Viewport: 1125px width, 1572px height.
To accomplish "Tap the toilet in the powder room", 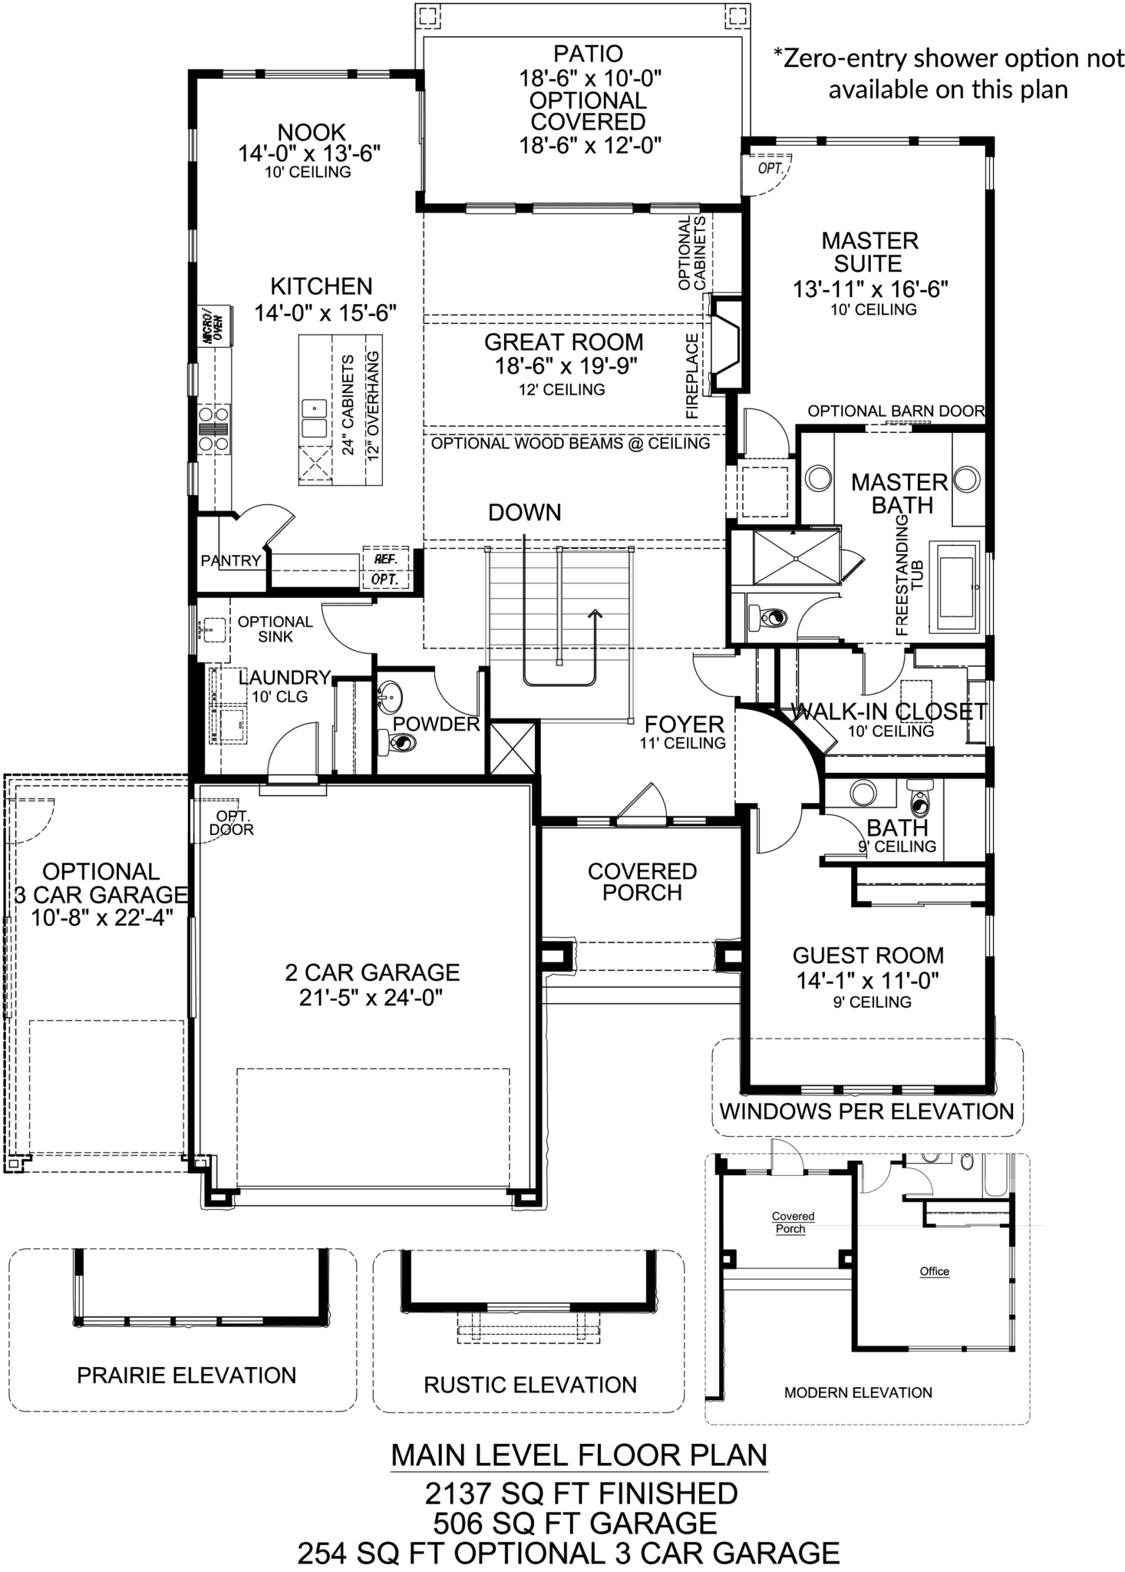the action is tap(398, 742).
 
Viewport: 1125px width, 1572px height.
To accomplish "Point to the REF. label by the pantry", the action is tap(384, 560).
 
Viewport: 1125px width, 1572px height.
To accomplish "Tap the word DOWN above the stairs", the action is tap(525, 513).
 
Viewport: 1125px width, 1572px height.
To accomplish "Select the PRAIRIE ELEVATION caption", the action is tap(186, 1375).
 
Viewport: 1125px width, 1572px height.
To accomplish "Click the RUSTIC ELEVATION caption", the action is tap(530, 1385).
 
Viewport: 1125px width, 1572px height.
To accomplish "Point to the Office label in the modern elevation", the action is tap(934, 1272).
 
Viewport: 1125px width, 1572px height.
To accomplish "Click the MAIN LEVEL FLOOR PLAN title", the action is tap(579, 1455).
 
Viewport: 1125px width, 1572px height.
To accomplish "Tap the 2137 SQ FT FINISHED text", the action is tap(581, 1494).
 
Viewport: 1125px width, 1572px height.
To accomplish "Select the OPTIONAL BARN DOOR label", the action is tap(896, 411).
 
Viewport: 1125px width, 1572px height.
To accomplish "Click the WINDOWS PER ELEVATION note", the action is tap(866, 1111).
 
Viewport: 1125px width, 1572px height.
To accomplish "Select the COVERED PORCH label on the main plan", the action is tap(642, 882).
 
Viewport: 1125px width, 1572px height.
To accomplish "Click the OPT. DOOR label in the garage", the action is tap(231, 823).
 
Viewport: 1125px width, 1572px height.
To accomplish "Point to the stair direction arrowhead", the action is tap(595, 614).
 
